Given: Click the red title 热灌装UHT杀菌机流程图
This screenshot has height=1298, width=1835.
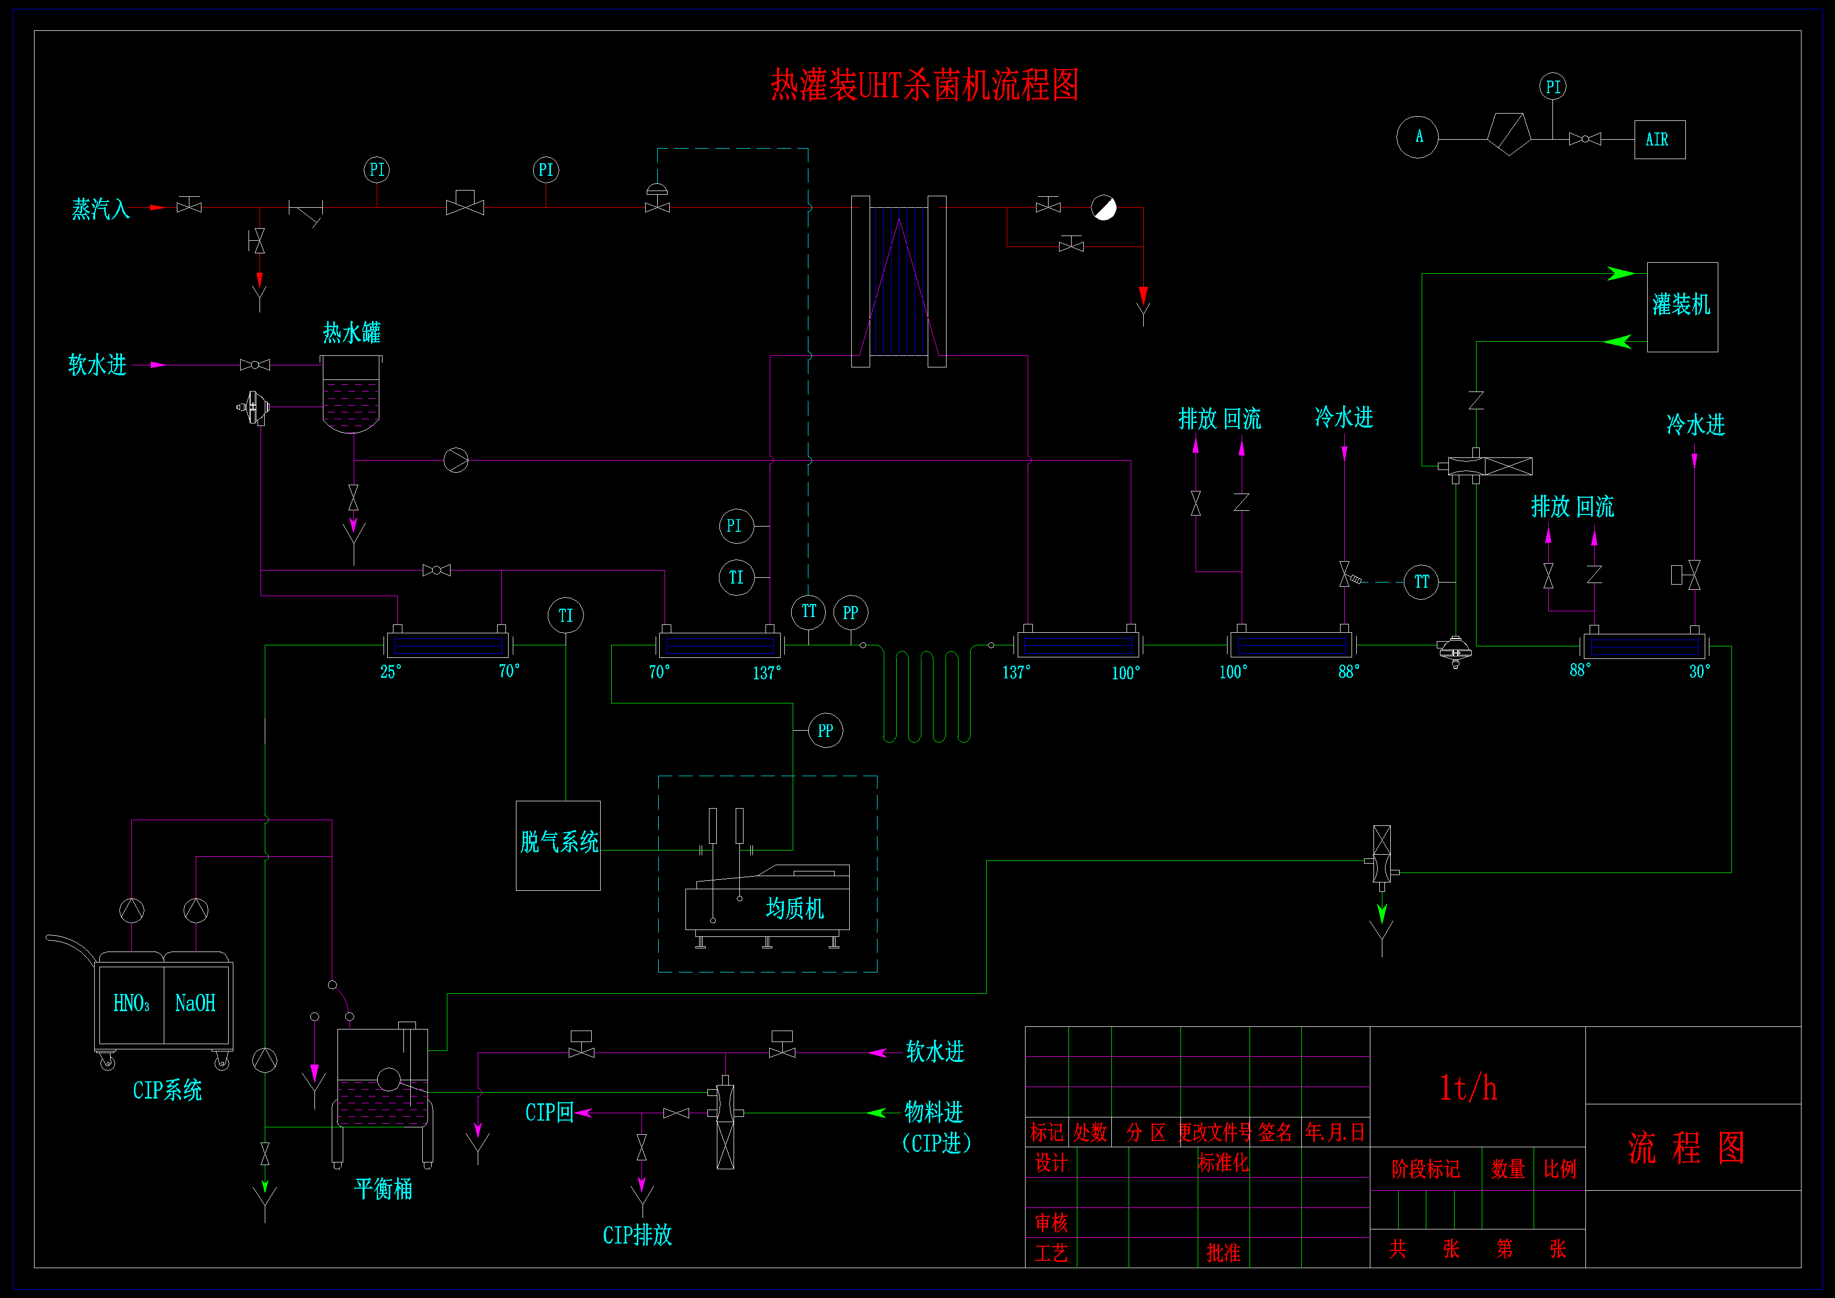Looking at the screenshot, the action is (925, 85).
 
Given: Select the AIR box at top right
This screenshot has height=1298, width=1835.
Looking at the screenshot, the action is (1660, 140).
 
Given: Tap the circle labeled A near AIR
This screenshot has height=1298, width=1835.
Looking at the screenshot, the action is (1418, 138).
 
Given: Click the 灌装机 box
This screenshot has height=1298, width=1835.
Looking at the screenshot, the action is (1682, 307).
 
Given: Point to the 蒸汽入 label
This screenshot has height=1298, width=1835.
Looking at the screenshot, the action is (100, 209).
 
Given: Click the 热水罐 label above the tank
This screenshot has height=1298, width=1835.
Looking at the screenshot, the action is (352, 332).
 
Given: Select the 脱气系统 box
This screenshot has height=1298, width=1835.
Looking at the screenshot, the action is (558, 846).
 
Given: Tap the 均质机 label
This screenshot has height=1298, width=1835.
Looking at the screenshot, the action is (794, 908).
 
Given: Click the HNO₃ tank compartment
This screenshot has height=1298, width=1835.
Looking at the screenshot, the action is (131, 1004).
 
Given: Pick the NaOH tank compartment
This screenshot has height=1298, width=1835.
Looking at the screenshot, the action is (196, 1004).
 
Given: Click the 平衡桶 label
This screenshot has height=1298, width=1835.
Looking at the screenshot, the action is (384, 1189).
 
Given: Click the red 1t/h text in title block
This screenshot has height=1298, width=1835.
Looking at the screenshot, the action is (1468, 1088).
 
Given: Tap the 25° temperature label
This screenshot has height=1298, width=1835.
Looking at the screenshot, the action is (391, 672).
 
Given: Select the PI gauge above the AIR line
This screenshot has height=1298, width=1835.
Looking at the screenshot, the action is (1553, 86).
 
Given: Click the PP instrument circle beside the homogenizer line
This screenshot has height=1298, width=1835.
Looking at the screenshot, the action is (826, 731).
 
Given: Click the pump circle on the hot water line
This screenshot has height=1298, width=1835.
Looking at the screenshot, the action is (456, 461).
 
